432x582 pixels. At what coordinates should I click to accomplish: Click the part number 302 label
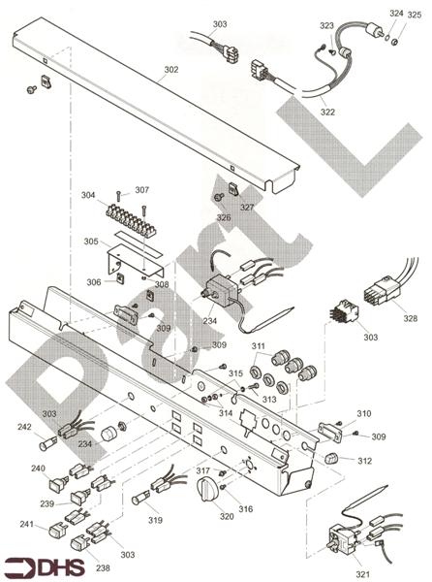coord(170,70)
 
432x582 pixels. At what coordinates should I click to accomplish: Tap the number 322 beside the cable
coord(328,113)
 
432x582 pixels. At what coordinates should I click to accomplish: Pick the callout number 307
coord(141,189)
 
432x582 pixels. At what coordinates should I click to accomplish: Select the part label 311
coord(258,345)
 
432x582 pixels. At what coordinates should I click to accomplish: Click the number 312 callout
coord(363,461)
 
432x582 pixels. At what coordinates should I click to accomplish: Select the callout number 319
coord(154,521)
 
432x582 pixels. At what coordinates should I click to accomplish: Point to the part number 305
coord(90,242)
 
